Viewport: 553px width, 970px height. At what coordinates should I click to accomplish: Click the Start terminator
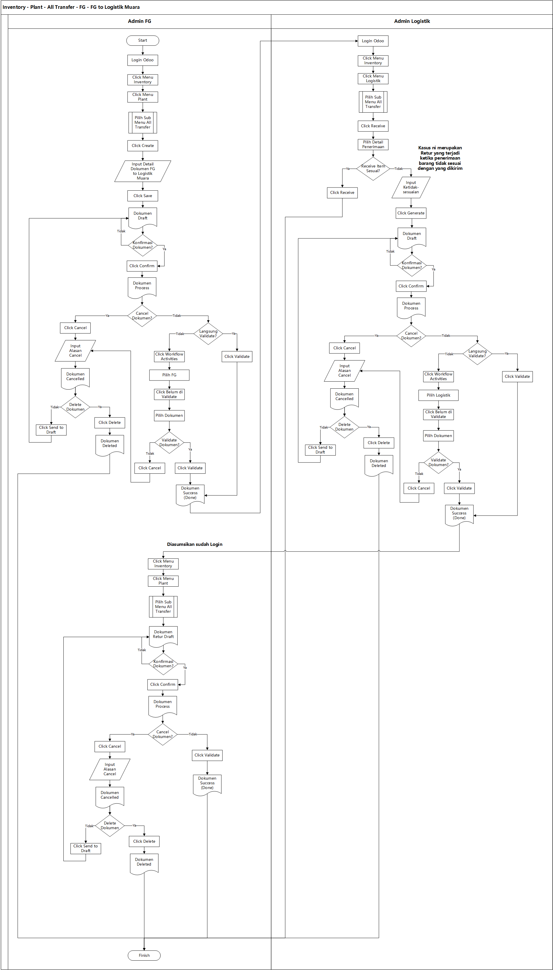click(x=142, y=40)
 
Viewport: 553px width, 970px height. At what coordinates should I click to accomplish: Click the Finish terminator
click(x=144, y=955)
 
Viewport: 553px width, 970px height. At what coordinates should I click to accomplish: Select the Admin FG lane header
click(x=139, y=21)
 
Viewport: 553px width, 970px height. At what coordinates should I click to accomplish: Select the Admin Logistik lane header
click(x=412, y=21)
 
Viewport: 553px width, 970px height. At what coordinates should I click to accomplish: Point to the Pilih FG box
click(x=169, y=375)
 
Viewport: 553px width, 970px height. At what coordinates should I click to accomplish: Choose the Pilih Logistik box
click(x=438, y=395)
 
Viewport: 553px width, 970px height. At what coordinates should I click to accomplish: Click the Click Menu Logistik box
click(x=373, y=79)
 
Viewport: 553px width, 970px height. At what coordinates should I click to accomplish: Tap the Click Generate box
click(x=411, y=213)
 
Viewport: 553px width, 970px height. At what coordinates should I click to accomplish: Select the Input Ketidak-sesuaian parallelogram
click(x=411, y=187)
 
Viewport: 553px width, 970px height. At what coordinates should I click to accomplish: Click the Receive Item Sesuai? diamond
click(x=373, y=168)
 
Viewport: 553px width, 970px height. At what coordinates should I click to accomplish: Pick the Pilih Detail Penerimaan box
click(x=373, y=145)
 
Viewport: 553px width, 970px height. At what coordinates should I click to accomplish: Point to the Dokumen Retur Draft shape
click(x=163, y=635)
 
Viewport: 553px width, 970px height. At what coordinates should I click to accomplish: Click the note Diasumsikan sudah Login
click(x=195, y=544)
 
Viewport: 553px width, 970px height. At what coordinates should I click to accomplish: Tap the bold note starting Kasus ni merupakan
click(x=440, y=158)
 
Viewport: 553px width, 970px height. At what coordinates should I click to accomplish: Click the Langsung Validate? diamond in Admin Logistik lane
click(x=477, y=354)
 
